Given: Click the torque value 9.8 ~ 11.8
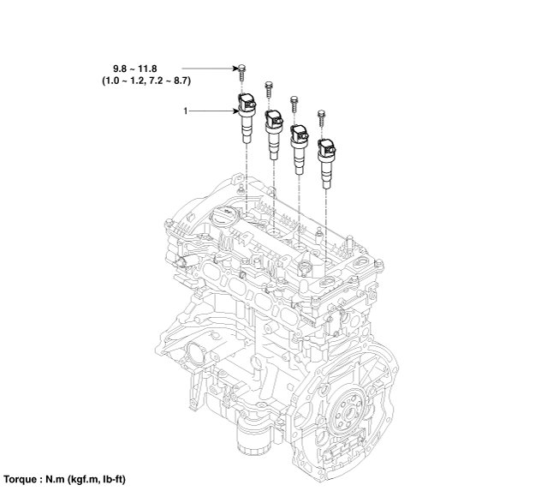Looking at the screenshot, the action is pos(134,69).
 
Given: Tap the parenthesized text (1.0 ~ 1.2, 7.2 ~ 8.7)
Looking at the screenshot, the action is pos(146,81).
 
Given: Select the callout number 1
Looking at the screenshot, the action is pos(186,111).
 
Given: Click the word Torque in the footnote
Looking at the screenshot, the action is pos(21,479).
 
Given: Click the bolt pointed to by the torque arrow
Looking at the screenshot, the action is pos(242,72).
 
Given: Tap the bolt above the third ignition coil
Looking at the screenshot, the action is pos(294,105).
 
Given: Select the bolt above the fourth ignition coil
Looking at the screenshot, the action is pos(321,118).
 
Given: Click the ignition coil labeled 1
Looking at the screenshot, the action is pos(247,117).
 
